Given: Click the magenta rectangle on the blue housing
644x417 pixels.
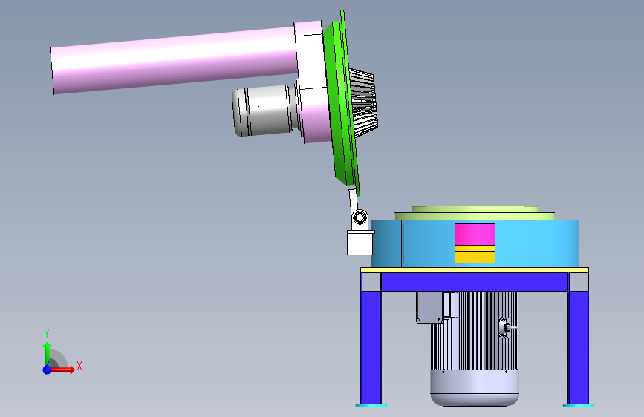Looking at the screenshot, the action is pos(475,234).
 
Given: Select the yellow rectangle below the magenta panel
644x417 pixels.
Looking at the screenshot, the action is pos(475,255).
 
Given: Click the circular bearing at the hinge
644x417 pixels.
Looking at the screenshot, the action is pos(360,217).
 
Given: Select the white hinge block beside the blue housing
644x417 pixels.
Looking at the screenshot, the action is pos(360,243).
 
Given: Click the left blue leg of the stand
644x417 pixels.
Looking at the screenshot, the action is pos(371,347).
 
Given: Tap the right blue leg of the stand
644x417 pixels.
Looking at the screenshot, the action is pos(579,347).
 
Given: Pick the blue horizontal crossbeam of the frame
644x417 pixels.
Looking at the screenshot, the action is pos(475,281).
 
